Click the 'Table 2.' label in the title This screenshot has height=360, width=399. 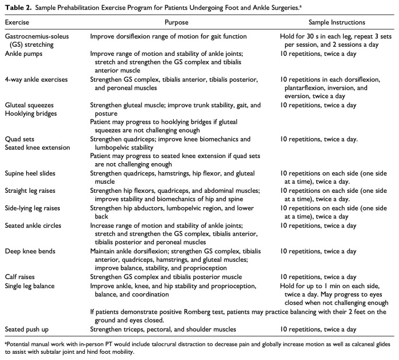(18, 7)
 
